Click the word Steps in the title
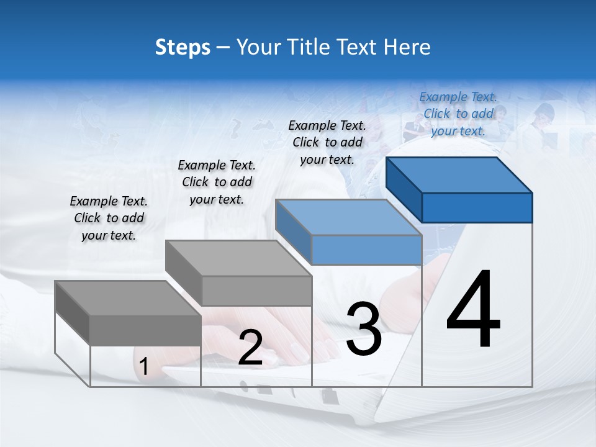(183, 47)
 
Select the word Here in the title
(407, 47)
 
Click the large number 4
(473, 309)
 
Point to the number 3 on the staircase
(364, 329)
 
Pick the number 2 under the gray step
(250, 348)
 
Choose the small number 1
(143, 367)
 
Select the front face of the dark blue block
(477, 207)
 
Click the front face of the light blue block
(366, 250)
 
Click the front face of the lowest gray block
(145, 330)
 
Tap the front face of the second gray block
(256, 291)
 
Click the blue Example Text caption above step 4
(458, 114)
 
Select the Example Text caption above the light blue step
(327, 142)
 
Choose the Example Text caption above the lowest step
(109, 218)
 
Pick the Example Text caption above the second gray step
(217, 182)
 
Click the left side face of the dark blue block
(404, 189)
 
